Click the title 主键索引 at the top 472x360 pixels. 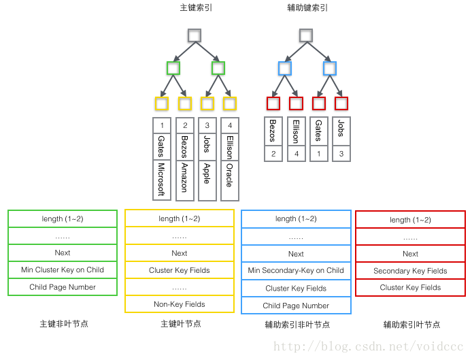[x=195, y=8]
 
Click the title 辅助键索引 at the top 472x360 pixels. [x=307, y=8]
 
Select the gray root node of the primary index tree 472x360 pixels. [x=195, y=35]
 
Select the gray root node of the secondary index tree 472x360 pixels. [x=306, y=35]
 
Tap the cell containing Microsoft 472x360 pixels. [x=161, y=180]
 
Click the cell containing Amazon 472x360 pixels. [x=184, y=180]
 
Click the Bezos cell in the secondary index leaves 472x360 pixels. [x=273, y=131]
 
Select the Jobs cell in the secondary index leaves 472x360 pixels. [x=341, y=131]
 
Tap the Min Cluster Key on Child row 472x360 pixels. [x=63, y=270]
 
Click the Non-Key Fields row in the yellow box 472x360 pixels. [x=180, y=304]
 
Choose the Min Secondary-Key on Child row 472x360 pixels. [x=296, y=270]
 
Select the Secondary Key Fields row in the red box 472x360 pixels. [x=410, y=271]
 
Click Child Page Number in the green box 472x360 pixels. [x=63, y=287]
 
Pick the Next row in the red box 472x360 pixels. [x=410, y=254]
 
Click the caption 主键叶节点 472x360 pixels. [x=180, y=324]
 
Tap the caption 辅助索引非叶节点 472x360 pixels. [x=297, y=325]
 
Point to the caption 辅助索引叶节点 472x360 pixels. [x=411, y=325]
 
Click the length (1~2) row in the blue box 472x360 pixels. [x=296, y=218]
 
